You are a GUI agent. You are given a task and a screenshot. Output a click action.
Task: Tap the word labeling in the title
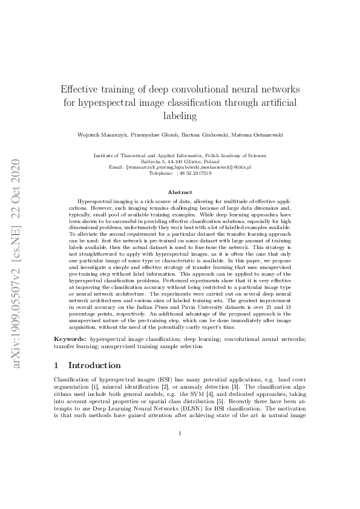click(180, 115)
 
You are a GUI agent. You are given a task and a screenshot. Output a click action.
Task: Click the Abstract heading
click(180, 192)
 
